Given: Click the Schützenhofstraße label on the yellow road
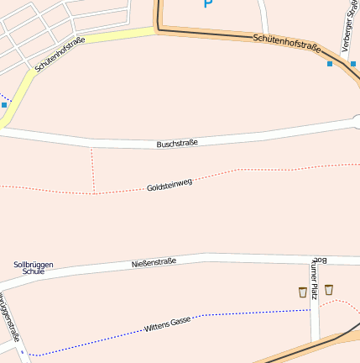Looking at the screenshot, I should [x=60, y=54].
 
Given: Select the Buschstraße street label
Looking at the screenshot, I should [x=177, y=144].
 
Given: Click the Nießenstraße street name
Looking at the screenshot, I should [x=154, y=263].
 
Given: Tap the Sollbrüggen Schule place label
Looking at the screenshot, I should [x=34, y=268].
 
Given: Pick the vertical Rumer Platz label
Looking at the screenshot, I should [x=315, y=277].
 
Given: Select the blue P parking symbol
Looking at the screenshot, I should [x=208, y=3].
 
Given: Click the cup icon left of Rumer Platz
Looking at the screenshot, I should [x=302, y=292].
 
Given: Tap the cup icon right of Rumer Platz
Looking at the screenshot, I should [x=329, y=289].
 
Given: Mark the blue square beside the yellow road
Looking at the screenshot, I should [x=4, y=105].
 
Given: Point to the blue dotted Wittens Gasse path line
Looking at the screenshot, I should [x=252, y=313].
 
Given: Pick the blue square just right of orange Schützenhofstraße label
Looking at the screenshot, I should [x=330, y=64].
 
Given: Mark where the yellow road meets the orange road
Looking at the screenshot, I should [x=157, y=30].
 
